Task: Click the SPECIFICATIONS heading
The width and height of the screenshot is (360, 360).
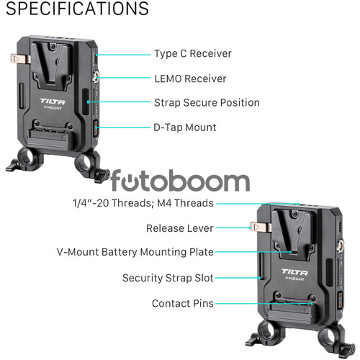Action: coord(77,8)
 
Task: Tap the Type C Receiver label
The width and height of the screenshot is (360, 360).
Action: coord(193,53)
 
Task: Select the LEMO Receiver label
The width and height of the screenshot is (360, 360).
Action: coord(190,78)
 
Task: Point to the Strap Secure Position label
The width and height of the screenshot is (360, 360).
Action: coord(207,103)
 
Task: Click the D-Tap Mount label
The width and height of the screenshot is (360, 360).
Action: coord(185,127)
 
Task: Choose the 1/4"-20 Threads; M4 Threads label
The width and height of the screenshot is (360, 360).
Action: coord(143,203)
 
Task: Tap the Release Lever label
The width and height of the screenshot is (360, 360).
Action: coord(180,228)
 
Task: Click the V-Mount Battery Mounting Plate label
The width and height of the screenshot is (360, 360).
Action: coord(135,252)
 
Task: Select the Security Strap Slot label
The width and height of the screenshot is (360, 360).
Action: coord(168,278)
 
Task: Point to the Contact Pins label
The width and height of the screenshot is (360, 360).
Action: coord(183,304)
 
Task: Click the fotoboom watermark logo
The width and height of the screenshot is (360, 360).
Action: coord(180,180)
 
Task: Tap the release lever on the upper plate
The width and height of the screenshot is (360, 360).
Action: coord(21,59)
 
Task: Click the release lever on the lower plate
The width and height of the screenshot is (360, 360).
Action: coord(261,227)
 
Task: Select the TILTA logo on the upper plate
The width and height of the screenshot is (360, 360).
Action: coord(53,102)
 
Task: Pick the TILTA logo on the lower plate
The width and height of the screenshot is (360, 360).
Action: coord(294,272)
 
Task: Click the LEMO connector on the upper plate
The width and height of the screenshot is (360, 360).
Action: coord(96,76)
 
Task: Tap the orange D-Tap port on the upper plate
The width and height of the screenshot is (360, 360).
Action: coord(96,129)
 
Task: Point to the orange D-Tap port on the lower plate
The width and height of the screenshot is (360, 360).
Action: coord(340,300)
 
